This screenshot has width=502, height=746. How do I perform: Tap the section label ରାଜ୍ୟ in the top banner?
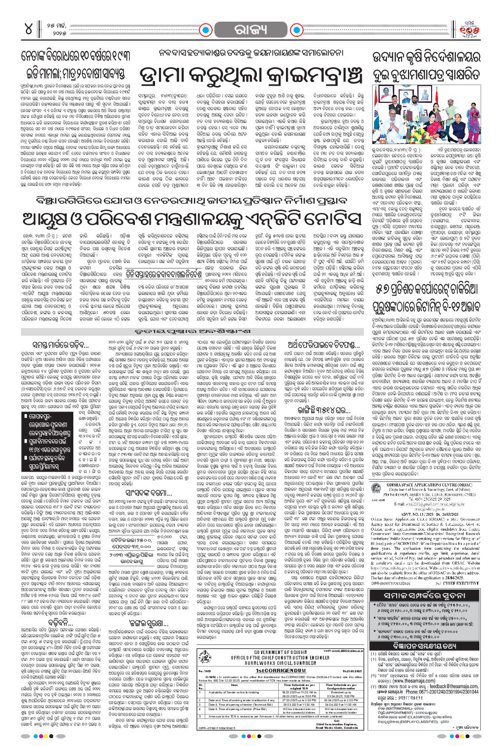click(251, 28)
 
